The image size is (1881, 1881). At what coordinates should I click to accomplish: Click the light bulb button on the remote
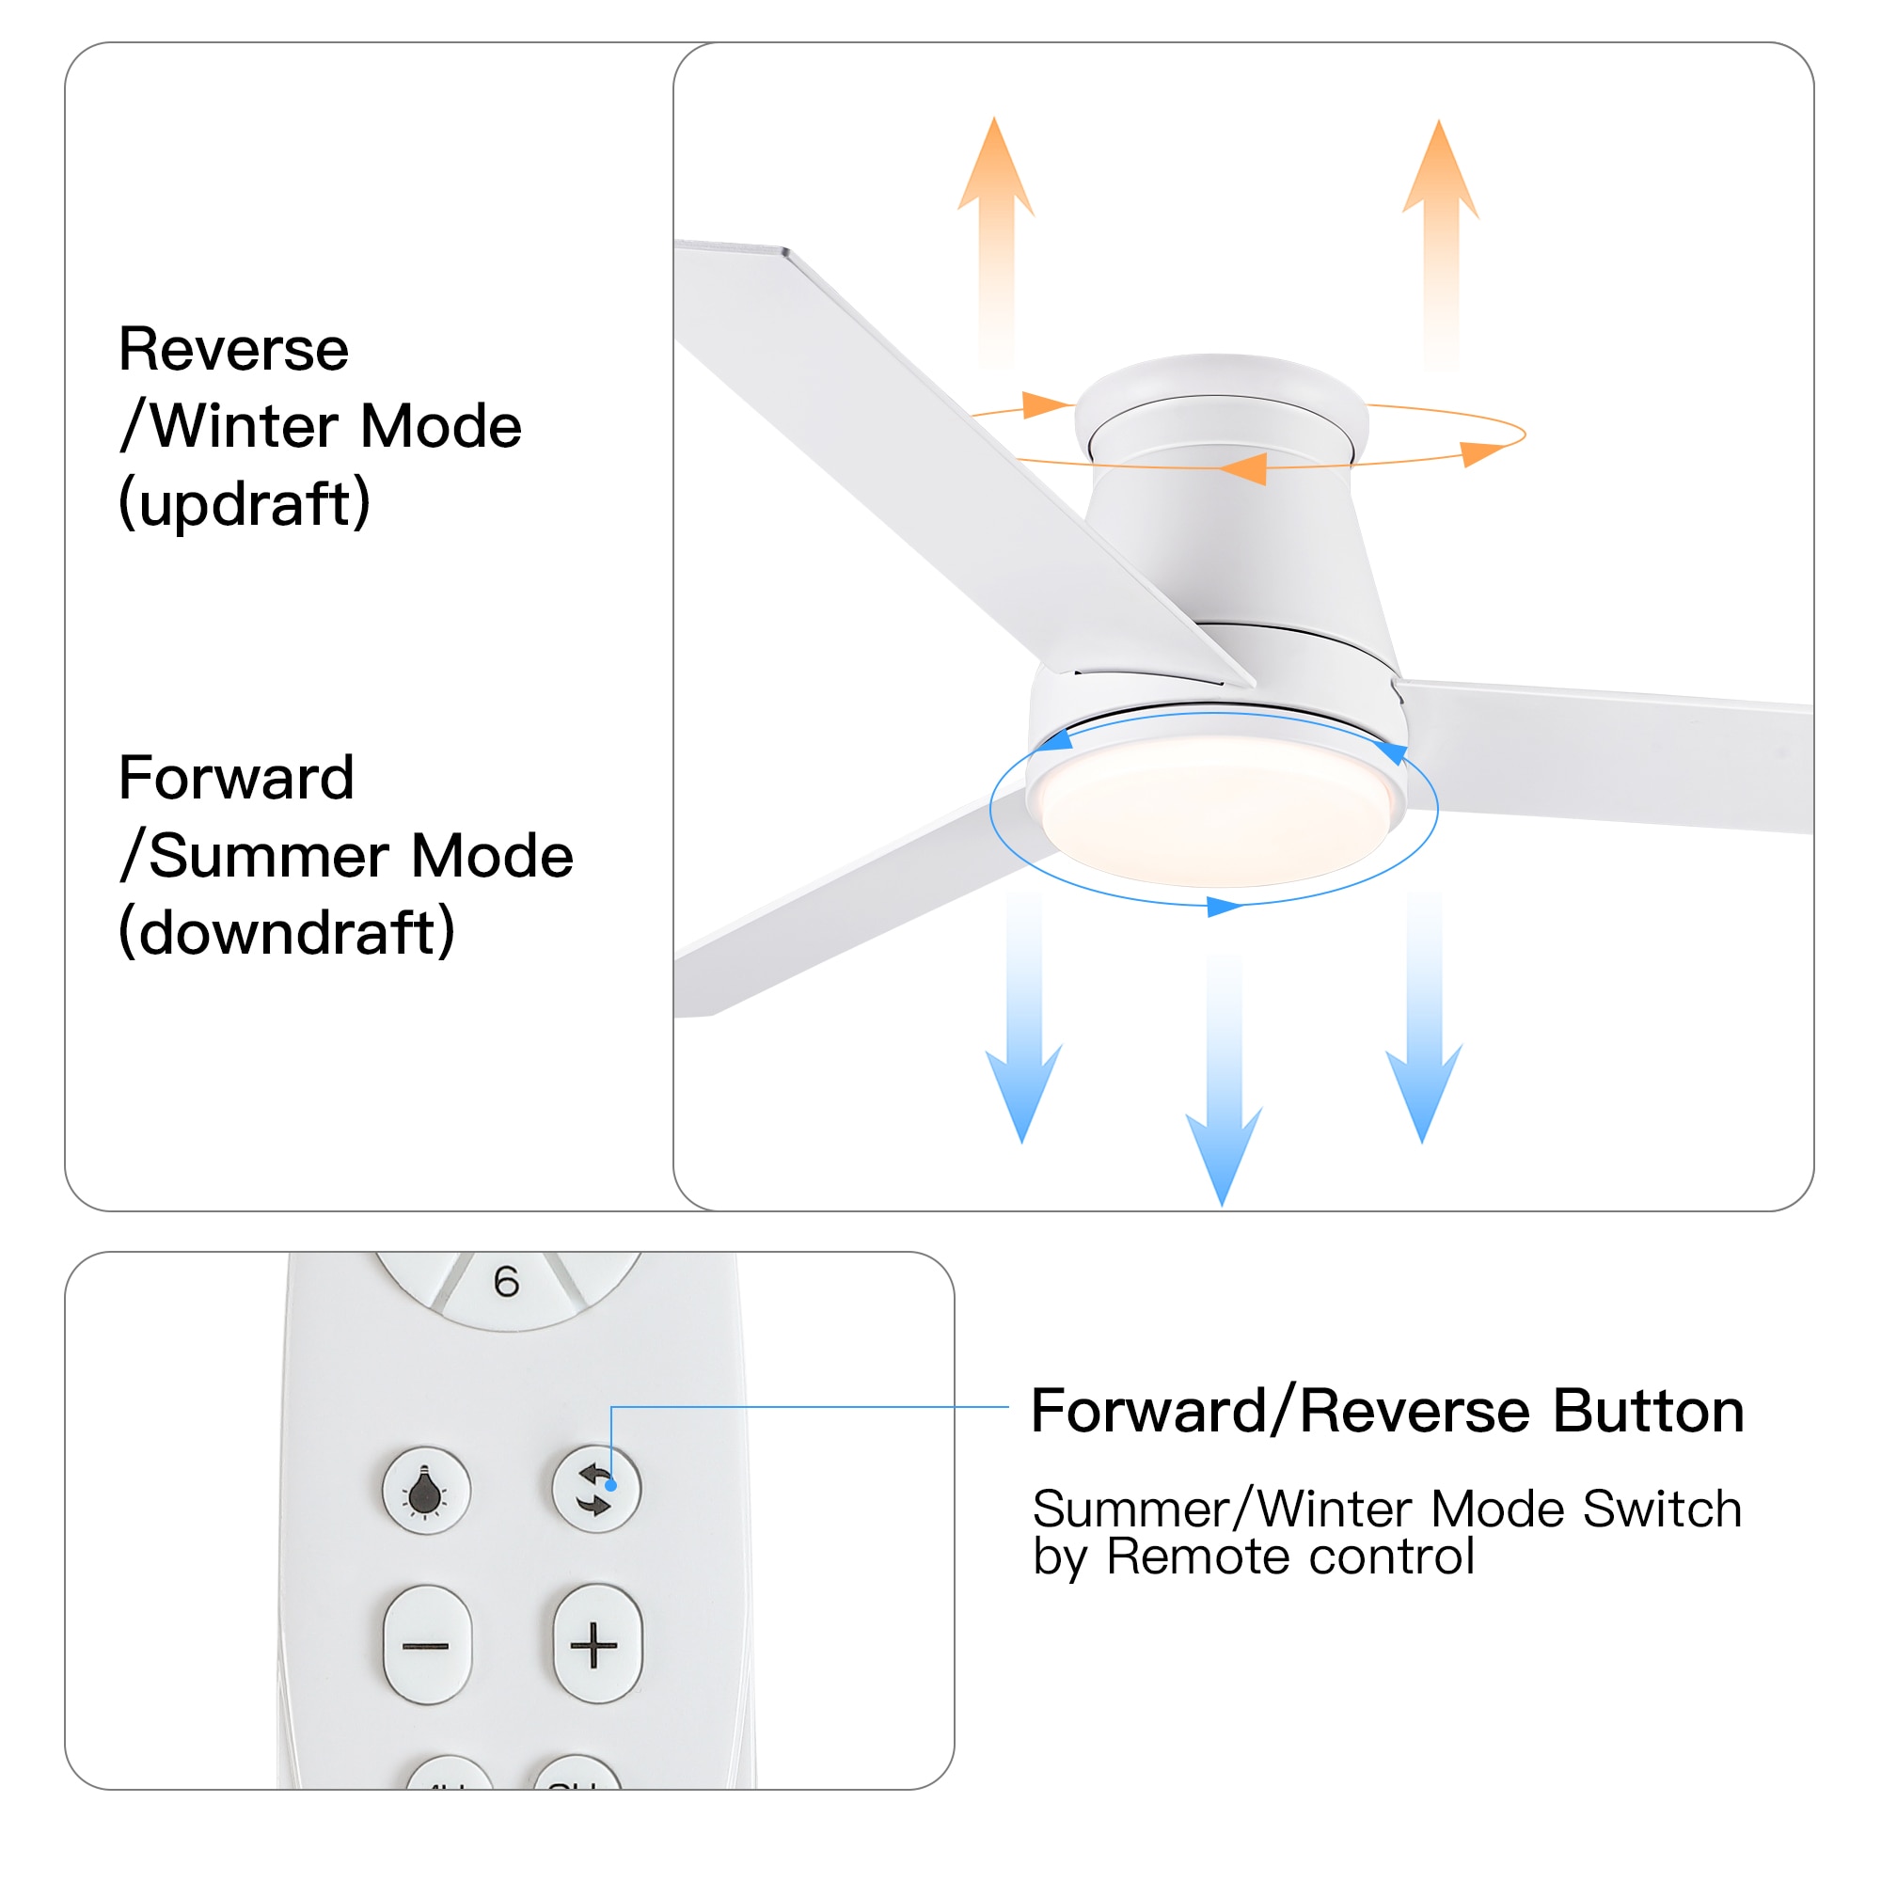[x=425, y=1491]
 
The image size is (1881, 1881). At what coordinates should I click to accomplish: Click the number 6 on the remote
[x=506, y=1282]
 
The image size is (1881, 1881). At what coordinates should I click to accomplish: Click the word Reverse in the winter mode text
[x=232, y=350]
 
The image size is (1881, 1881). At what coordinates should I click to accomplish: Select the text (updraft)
[x=245, y=503]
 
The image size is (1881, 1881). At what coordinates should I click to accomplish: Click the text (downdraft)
[x=286, y=932]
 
